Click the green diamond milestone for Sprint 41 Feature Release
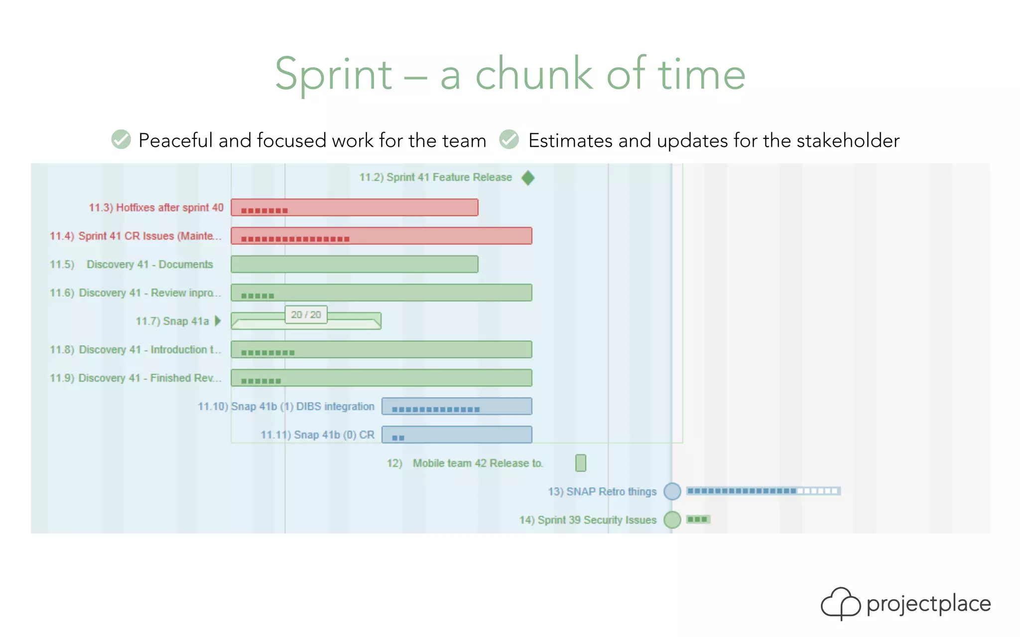(528, 178)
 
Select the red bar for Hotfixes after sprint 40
(354, 208)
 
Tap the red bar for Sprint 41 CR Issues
(381, 236)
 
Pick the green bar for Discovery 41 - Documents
(354, 264)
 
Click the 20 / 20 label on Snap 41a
(306, 315)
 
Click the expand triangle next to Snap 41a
(218, 321)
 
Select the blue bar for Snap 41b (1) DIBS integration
(456, 406)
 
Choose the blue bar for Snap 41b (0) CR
(456, 434)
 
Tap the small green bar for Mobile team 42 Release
(580, 463)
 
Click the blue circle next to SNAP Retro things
(672, 491)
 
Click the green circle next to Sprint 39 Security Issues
(672, 520)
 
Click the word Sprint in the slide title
(333, 75)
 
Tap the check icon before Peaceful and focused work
(121, 140)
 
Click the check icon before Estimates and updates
(509, 140)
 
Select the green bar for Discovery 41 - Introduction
(381, 349)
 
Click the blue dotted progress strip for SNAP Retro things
(763, 491)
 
